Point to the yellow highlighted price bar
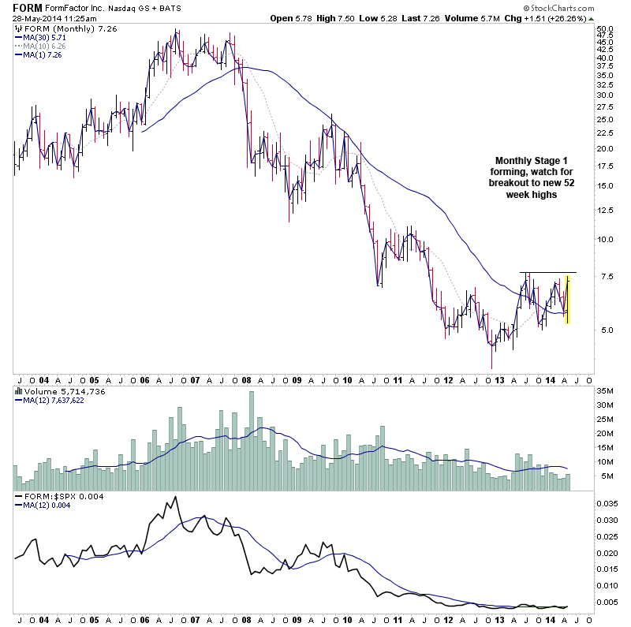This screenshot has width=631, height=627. (567, 298)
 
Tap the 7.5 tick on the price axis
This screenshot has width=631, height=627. (605, 275)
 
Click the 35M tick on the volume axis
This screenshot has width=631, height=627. (605, 391)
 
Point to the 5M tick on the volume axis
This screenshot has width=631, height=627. (605, 476)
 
